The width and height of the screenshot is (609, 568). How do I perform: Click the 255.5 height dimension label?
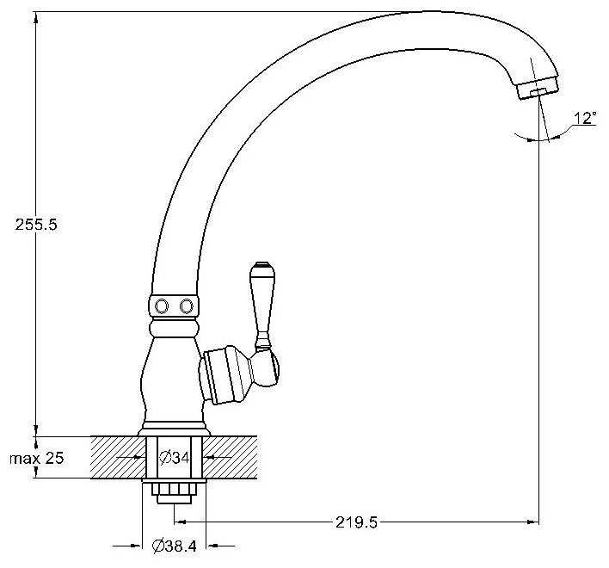36,225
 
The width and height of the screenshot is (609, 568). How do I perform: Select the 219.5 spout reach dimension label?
356,522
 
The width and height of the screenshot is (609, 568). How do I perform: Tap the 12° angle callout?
585,118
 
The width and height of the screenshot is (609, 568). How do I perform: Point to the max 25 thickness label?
36,458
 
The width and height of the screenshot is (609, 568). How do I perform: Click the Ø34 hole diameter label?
175,458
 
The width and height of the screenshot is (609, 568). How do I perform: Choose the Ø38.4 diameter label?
175,546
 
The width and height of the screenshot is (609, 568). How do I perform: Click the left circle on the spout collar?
162,306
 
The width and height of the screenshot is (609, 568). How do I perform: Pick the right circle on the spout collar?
187,306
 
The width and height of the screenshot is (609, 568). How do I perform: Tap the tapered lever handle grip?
262,299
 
